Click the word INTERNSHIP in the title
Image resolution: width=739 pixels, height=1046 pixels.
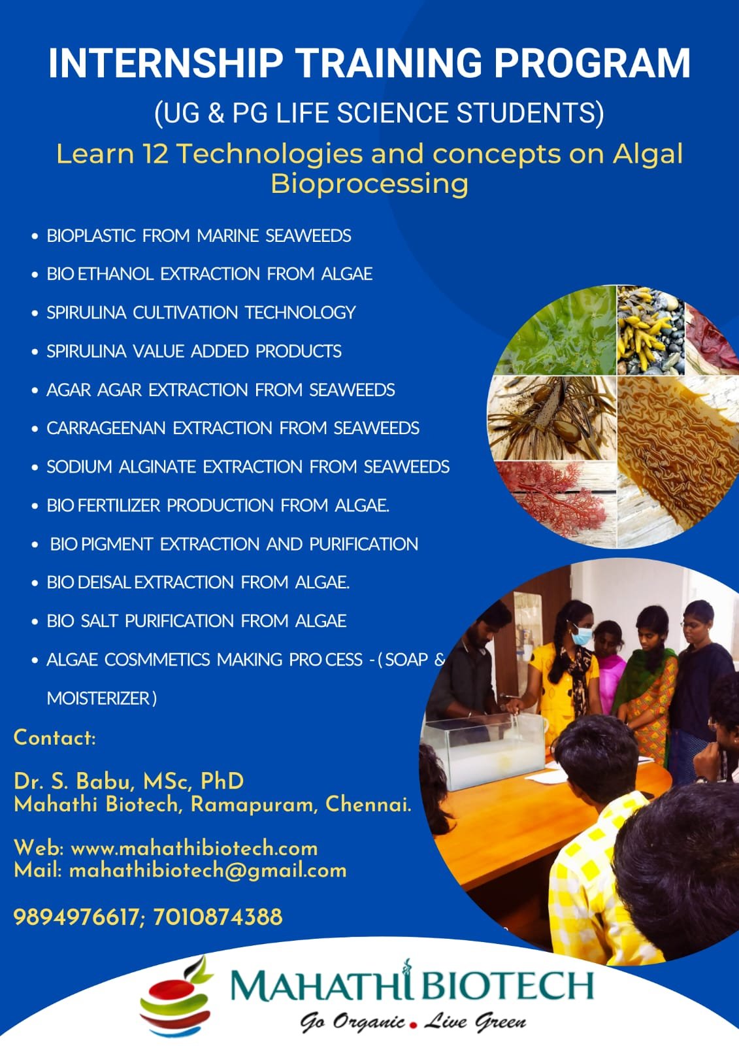(166, 63)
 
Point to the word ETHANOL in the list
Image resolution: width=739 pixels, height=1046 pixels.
(115, 274)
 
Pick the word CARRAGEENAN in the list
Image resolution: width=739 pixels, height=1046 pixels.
(106, 428)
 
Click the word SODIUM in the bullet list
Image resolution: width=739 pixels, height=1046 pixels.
(79, 467)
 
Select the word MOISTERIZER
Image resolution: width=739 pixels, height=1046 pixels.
(99, 699)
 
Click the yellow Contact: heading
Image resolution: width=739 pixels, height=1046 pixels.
(55, 738)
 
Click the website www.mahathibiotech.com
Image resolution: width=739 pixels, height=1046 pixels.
(194, 849)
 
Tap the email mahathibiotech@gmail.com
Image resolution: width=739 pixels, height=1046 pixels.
(208, 871)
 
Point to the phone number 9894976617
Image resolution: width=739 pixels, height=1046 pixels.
(76, 917)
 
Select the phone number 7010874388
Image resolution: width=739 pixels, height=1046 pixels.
(218, 917)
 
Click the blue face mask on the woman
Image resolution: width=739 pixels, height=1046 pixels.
(582, 635)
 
